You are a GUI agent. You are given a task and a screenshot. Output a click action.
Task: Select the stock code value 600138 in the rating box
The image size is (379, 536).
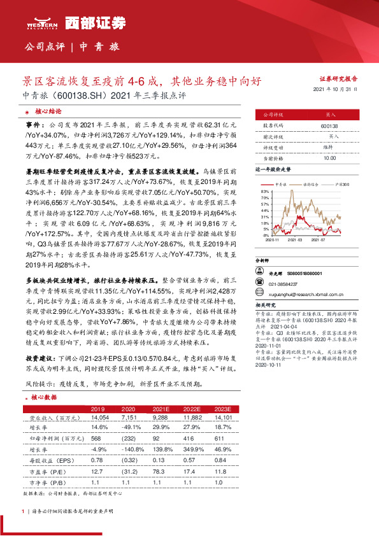pyautogui.click(x=331, y=127)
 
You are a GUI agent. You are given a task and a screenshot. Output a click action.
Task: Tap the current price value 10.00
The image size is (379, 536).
pyautogui.click(x=330, y=157)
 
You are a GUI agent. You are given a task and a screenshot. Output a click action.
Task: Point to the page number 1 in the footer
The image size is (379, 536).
pyautogui.click(x=23, y=511)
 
